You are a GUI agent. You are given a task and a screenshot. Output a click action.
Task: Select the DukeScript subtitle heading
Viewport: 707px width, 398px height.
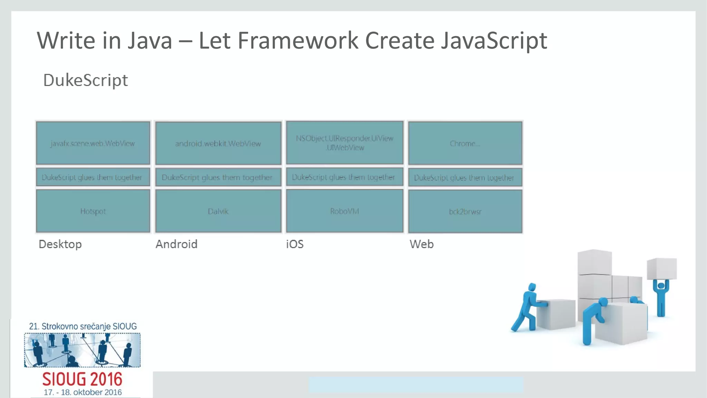[x=85, y=80]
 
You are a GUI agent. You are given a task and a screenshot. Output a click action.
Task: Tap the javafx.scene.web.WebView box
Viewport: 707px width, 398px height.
[x=93, y=143]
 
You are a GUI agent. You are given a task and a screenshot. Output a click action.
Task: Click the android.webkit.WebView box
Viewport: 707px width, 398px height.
[x=218, y=143]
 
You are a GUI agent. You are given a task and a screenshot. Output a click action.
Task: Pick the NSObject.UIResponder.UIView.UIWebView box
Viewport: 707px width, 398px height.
[x=345, y=143]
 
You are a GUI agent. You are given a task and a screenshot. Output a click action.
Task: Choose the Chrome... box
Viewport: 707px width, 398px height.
[x=465, y=143]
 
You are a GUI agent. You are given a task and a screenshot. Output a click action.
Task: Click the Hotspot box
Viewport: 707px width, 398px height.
[x=93, y=211]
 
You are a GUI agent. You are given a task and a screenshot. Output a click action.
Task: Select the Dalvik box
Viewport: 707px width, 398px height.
[x=218, y=211]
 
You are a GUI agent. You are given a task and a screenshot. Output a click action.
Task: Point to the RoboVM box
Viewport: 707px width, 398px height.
[x=345, y=211]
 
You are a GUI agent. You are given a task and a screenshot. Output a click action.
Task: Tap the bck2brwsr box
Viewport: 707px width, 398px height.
[x=465, y=211]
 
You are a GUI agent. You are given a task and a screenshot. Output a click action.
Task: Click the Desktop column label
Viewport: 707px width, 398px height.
[x=60, y=244]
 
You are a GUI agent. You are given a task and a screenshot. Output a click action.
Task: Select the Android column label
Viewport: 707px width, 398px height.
[x=176, y=244]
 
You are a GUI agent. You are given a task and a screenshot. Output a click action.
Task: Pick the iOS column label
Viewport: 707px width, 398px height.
[x=294, y=244]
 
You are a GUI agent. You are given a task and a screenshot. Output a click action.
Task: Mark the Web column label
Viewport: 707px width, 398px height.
[x=421, y=244]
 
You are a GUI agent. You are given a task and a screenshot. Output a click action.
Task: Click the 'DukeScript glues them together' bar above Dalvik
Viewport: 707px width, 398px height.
[x=217, y=177]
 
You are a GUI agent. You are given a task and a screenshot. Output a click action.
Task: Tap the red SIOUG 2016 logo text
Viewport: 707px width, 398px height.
[x=82, y=379]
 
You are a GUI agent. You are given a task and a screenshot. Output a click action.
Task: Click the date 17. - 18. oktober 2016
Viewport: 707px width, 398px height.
[x=83, y=392]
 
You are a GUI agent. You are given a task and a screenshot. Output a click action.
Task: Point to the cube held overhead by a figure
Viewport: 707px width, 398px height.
[x=661, y=268]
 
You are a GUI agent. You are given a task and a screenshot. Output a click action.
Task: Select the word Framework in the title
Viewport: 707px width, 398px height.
[x=298, y=41]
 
